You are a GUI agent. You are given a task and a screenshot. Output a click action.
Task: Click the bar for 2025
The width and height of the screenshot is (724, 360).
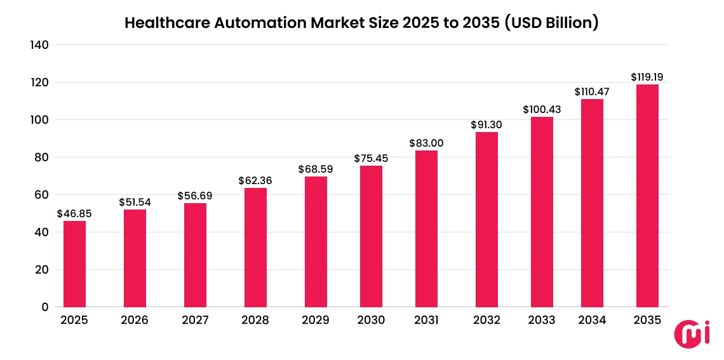click(74, 263)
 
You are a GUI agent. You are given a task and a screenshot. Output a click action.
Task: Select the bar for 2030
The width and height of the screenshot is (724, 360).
click(371, 236)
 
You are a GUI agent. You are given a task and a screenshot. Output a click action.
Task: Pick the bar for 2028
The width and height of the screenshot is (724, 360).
click(255, 248)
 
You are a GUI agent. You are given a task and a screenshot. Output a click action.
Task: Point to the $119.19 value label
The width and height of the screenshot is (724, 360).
click(647, 77)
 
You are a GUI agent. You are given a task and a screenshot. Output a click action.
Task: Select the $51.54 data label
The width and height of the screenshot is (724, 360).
click(135, 202)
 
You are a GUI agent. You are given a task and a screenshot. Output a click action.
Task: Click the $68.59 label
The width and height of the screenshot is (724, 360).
click(316, 170)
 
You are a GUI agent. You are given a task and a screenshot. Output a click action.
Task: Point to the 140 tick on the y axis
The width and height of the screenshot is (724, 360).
click(39, 45)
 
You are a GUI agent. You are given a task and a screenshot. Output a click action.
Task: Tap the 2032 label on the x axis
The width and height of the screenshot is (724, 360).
click(487, 320)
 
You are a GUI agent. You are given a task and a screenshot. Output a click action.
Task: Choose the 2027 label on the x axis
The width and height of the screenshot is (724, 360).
click(195, 320)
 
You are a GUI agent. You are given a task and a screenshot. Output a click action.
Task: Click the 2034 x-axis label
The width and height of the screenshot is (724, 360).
click(592, 320)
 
